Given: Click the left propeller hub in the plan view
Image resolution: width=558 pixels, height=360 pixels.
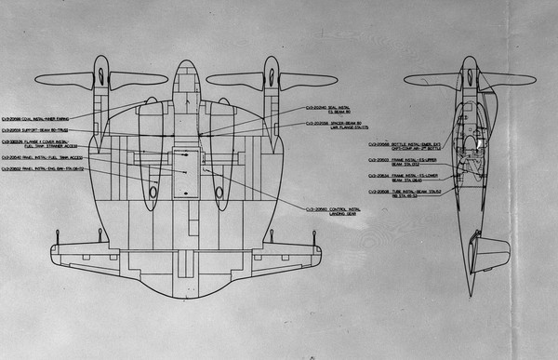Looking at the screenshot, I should point(101,76).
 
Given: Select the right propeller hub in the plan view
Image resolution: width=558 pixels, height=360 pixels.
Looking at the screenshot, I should point(271,76).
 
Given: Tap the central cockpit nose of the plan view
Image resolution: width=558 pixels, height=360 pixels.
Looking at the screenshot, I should point(186,71).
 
